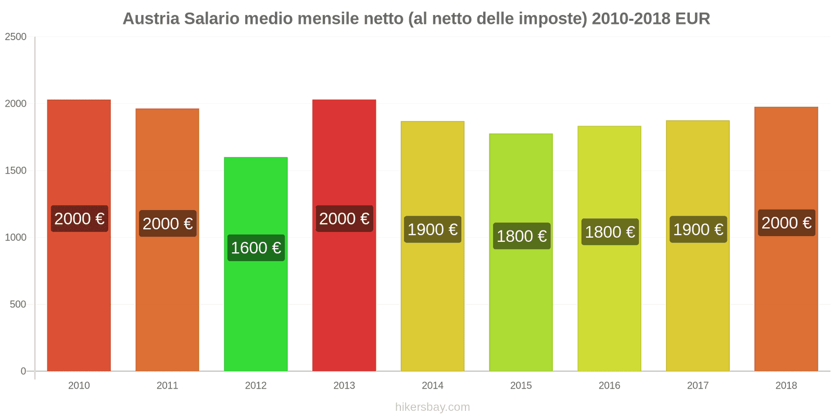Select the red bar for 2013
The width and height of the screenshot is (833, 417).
click(344, 292)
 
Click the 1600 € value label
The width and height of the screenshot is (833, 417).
click(256, 248)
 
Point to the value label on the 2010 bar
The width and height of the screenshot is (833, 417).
click(79, 218)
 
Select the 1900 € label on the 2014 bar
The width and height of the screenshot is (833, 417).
click(433, 229)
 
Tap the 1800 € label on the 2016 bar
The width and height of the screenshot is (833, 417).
click(610, 232)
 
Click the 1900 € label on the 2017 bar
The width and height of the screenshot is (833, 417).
click(698, 229)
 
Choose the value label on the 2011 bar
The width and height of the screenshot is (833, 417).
click(168, 224)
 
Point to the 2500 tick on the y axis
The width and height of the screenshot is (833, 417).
click(16, 37)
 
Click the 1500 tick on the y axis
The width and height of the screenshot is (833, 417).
click(16, 170)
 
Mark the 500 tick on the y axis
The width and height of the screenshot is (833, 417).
click(18, 304)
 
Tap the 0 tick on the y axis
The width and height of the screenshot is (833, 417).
click(23, 371)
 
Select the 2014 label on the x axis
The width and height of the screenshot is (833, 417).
click(433, 386)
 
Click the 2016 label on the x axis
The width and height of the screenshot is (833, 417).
click(609, 386)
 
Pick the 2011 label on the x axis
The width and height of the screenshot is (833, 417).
click(168, 386)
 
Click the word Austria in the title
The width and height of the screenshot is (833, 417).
click(151, 19)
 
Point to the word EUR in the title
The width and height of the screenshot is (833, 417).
click(692, 19)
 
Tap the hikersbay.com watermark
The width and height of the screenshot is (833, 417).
click(433, 407)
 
